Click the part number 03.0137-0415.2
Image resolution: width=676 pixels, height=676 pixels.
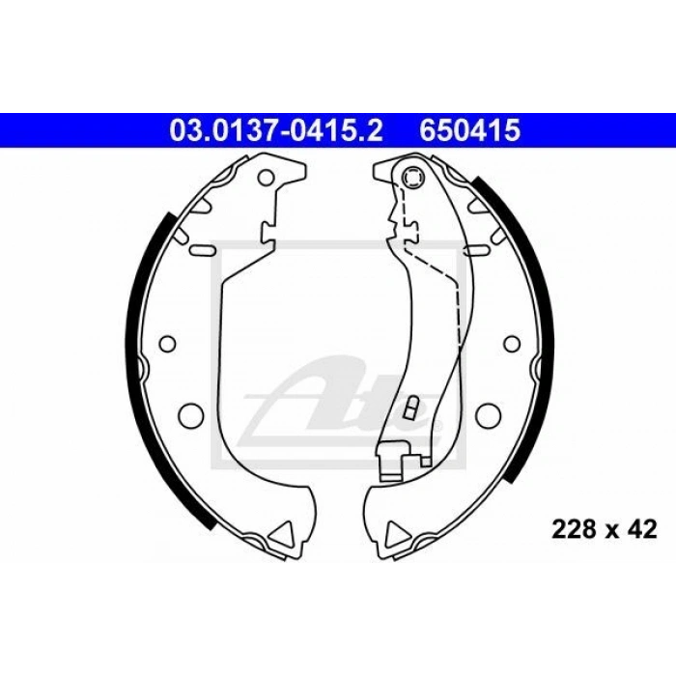click(x=276, y=130)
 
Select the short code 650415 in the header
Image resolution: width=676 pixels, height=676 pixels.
click(x=470, y=130)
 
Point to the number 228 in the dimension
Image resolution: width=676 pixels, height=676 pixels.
click(x=574, y=529)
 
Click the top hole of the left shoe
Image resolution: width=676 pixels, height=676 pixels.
click(x=267, y=177)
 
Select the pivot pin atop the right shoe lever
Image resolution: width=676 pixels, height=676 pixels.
click(x=412, y=177)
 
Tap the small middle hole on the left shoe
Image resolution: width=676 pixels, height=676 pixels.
click(x=167, y=343)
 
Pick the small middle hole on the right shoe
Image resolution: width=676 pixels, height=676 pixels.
click(x=512, y=343)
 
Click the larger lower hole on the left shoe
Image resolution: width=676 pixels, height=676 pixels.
click(x=190, y=414)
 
